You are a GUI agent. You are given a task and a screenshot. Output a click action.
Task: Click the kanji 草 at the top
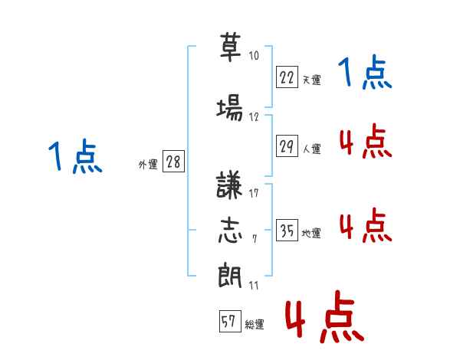click(x=230, y=47)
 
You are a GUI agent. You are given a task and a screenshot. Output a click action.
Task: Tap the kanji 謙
click(x=228, y=185)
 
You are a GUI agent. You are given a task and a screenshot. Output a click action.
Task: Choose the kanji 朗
click(x=230, y=275)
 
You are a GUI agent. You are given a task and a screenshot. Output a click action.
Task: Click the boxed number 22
click(x=287, y=77)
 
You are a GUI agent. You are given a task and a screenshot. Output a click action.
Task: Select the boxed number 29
click(x=287, y=146)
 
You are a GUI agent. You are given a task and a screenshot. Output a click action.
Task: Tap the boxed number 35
click(x=287, y=230)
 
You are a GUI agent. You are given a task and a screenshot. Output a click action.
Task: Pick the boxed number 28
click(x=173, y=162)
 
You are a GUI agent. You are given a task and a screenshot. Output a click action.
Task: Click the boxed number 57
click(x=230, y=321)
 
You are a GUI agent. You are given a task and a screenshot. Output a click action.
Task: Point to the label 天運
click(x=312, y=80)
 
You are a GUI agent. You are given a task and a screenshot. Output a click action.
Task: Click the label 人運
click(x=312, y=149)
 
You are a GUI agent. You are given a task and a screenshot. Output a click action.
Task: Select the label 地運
click(x=311, y=233)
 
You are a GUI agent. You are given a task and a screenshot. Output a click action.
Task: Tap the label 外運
click(x=148, y=165)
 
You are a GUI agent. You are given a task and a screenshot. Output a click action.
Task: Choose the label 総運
click(x=255, y=324)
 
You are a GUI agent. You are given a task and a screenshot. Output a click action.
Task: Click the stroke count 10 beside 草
click(x=254, y=56)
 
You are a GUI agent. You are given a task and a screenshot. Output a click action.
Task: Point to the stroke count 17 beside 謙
click(x=254, y=193)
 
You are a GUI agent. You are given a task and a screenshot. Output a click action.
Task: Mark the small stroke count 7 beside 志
click(x=255, y=239)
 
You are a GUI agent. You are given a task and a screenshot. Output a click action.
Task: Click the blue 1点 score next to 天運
click(x=365, y=71)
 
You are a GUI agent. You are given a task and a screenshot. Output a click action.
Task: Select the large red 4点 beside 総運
click(x=325, y=316)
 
